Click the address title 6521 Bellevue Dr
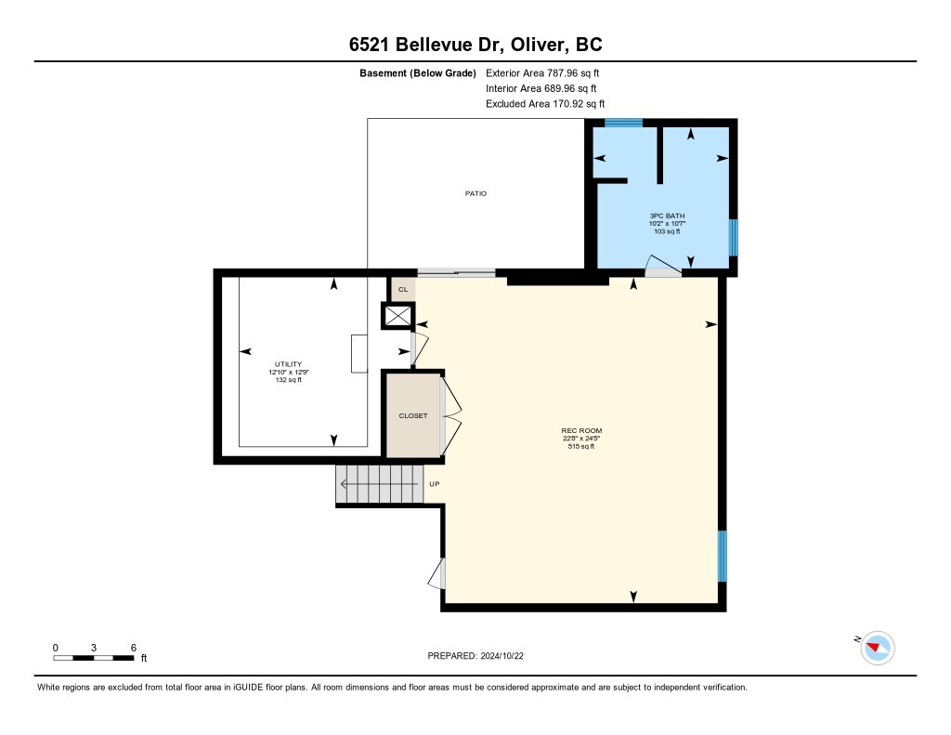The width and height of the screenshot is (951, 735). coord(475,46)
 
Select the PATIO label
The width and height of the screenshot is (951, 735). coord(475,193)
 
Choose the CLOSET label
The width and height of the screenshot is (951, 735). coord(413,415)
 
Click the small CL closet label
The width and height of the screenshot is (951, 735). coord(402,290)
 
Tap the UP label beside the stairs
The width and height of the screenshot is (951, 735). coord(434,484)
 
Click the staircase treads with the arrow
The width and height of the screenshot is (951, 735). coord(379,484)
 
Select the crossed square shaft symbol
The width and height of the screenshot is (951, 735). coord(397,317)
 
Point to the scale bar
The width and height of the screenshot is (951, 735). coord(95,658)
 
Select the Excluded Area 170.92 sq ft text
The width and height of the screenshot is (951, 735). coord(551,104)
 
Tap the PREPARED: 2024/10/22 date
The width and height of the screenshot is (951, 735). coord(482,655)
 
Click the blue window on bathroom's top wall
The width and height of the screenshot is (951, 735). coord(623,123)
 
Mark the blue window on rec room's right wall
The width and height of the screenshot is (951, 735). coord(723,556)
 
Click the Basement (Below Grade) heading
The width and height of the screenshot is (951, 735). coord(418,72)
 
